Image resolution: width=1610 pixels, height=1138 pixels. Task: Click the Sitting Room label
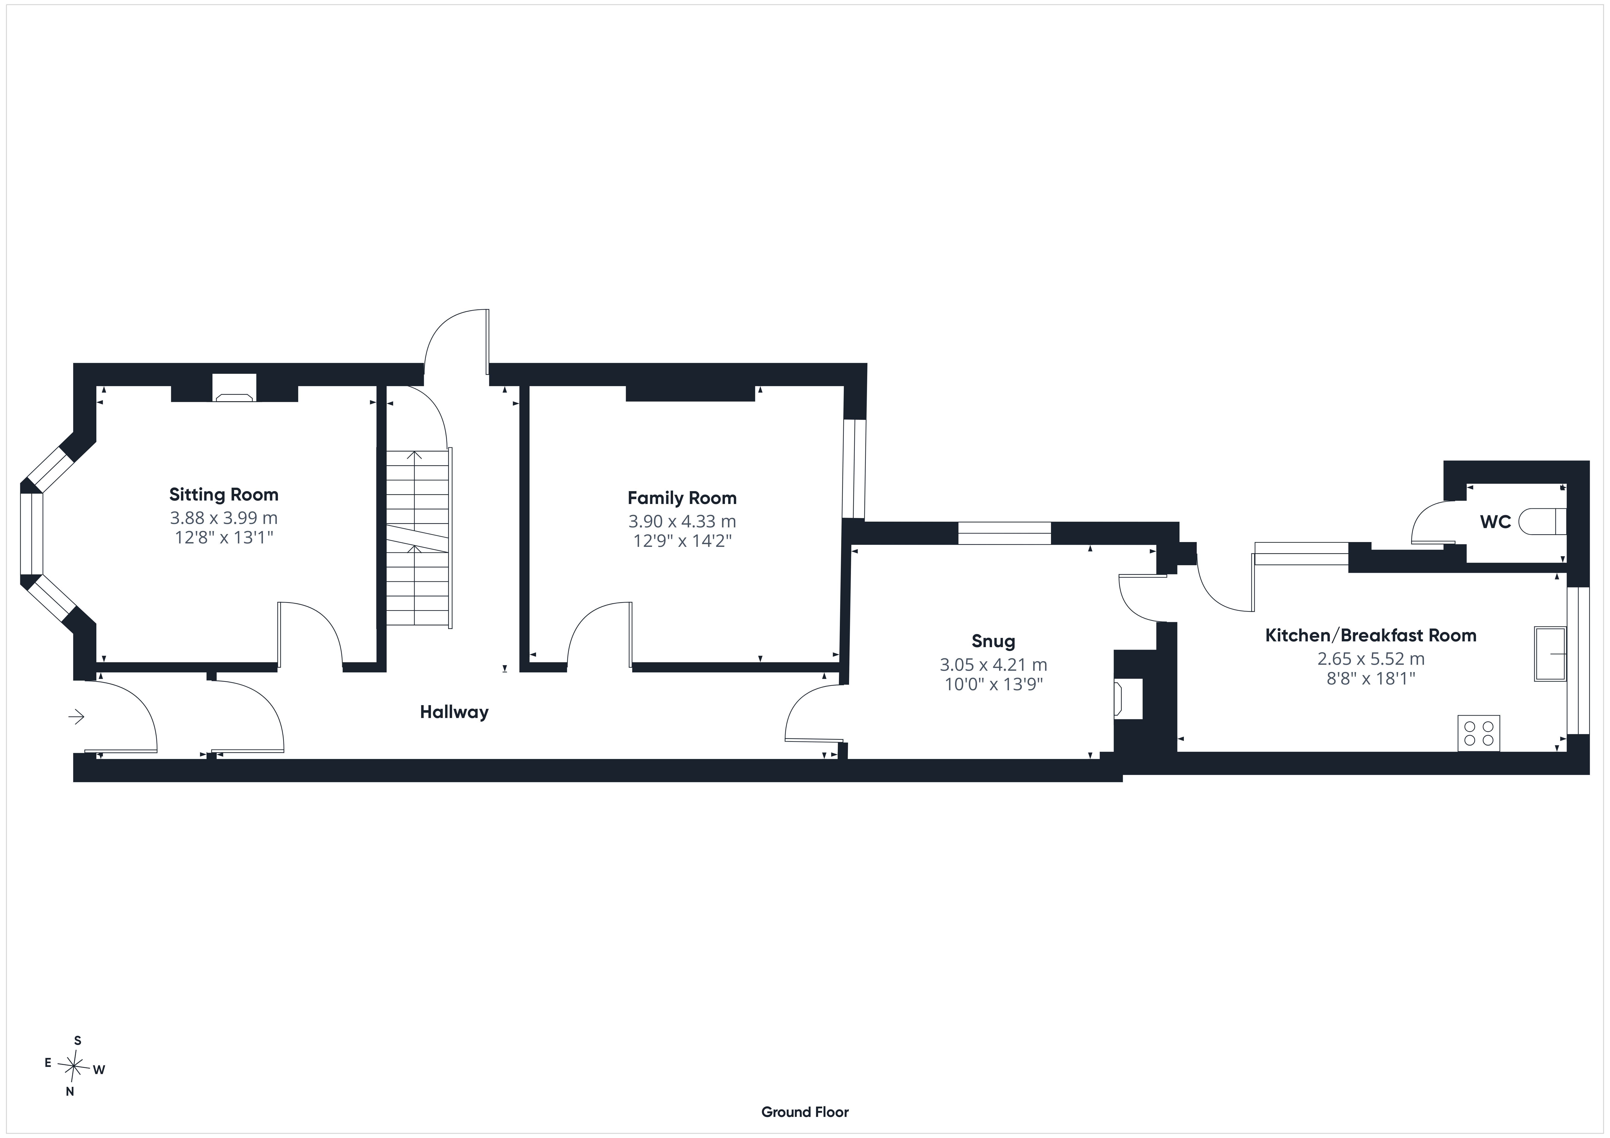224,495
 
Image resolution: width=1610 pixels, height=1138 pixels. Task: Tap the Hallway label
454,712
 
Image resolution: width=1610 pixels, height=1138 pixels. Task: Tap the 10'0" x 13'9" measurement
994,684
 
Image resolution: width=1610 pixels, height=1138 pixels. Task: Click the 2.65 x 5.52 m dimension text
1371,659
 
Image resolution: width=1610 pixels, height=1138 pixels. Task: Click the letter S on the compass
78,1041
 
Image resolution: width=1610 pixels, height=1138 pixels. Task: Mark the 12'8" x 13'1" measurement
224,538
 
